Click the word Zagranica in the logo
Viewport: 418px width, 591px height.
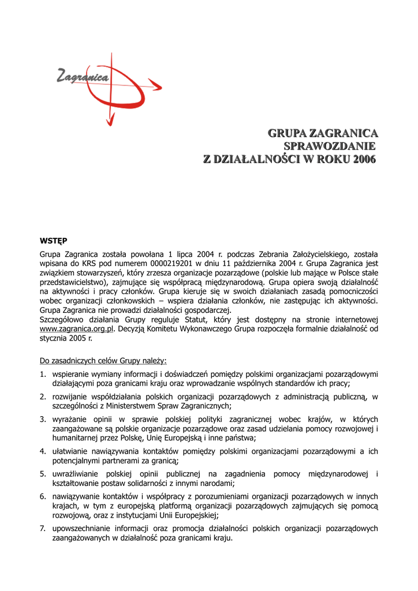(83, 76)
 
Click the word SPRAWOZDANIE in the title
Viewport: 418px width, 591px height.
(329, 146)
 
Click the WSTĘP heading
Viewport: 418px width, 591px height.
(53, 240)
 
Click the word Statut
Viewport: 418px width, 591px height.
(196, 319)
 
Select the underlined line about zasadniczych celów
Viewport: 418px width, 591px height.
(103, 361)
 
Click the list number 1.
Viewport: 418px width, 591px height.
(43, 373)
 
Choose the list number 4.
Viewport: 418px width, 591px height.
(43, 451)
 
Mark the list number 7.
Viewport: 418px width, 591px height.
(43, 529)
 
